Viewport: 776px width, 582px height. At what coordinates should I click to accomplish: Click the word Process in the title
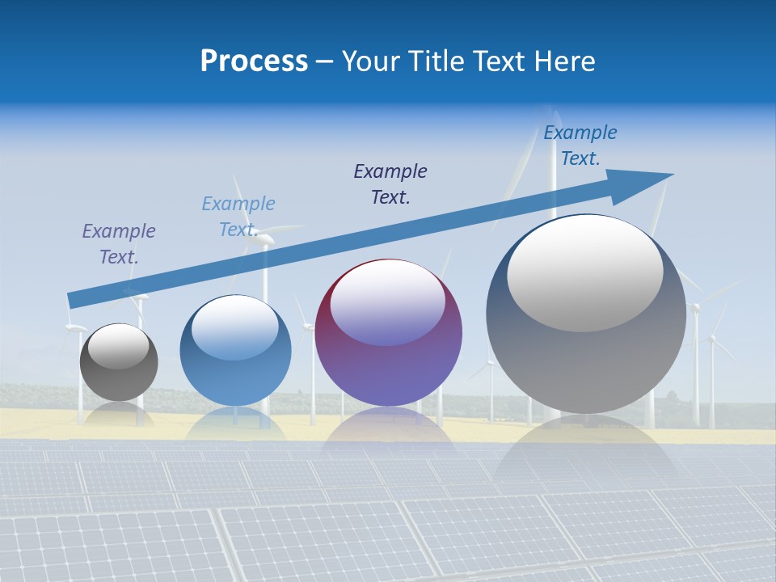click(x=254, y=61)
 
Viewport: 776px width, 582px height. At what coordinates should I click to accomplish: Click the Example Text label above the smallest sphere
click(x=119, y=243)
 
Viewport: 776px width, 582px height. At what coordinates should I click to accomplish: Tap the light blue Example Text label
click(x=238, y=216)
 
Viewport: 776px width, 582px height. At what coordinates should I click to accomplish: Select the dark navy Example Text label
click(x=390, y=183)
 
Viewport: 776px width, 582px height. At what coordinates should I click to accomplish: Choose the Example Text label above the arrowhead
click(x=580, y=145)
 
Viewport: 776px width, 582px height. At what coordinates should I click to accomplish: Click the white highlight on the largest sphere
click(x=584, y=273)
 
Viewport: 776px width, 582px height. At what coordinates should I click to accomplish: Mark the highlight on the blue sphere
click(x=234, y=327)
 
